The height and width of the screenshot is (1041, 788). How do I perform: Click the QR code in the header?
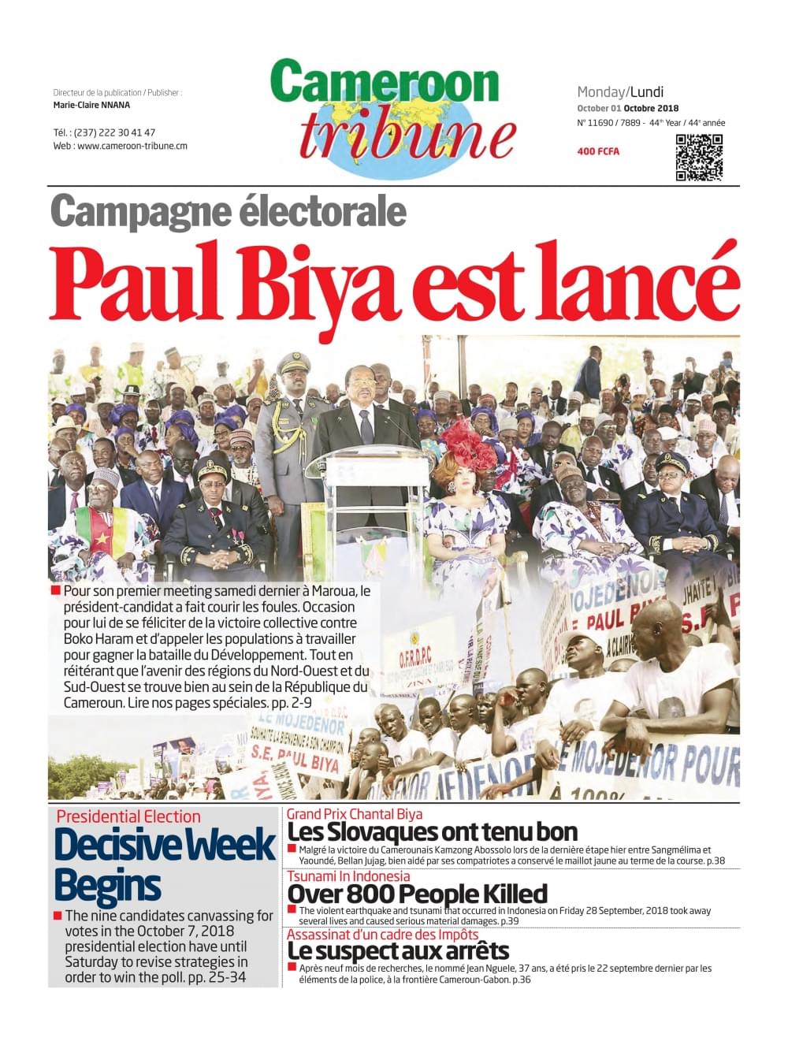click(699, 158)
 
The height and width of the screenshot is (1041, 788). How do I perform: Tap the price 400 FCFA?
click(598, 151)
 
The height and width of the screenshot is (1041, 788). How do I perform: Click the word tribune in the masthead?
click(407, 135)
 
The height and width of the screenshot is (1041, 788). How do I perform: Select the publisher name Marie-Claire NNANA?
click(91, 105)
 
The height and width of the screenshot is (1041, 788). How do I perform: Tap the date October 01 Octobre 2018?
click(627, 108)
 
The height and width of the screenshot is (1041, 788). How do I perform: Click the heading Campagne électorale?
click(229, 211)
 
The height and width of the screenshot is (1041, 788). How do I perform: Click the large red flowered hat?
click(470, 443)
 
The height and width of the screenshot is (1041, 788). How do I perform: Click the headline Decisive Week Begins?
click(164, 864)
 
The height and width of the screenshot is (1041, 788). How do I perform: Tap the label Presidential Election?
click(128, 816)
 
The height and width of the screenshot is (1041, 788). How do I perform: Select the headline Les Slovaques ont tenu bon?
click(433, 831)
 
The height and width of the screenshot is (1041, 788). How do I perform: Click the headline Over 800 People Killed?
click(417, 894)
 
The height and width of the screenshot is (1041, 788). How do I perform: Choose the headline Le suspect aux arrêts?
click(398, 950)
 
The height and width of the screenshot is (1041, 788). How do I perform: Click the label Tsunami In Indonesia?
click(348, 876)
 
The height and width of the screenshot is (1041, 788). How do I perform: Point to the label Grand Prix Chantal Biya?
click(355, 814)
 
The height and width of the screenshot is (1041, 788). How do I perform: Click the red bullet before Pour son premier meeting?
click(55, 590)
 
